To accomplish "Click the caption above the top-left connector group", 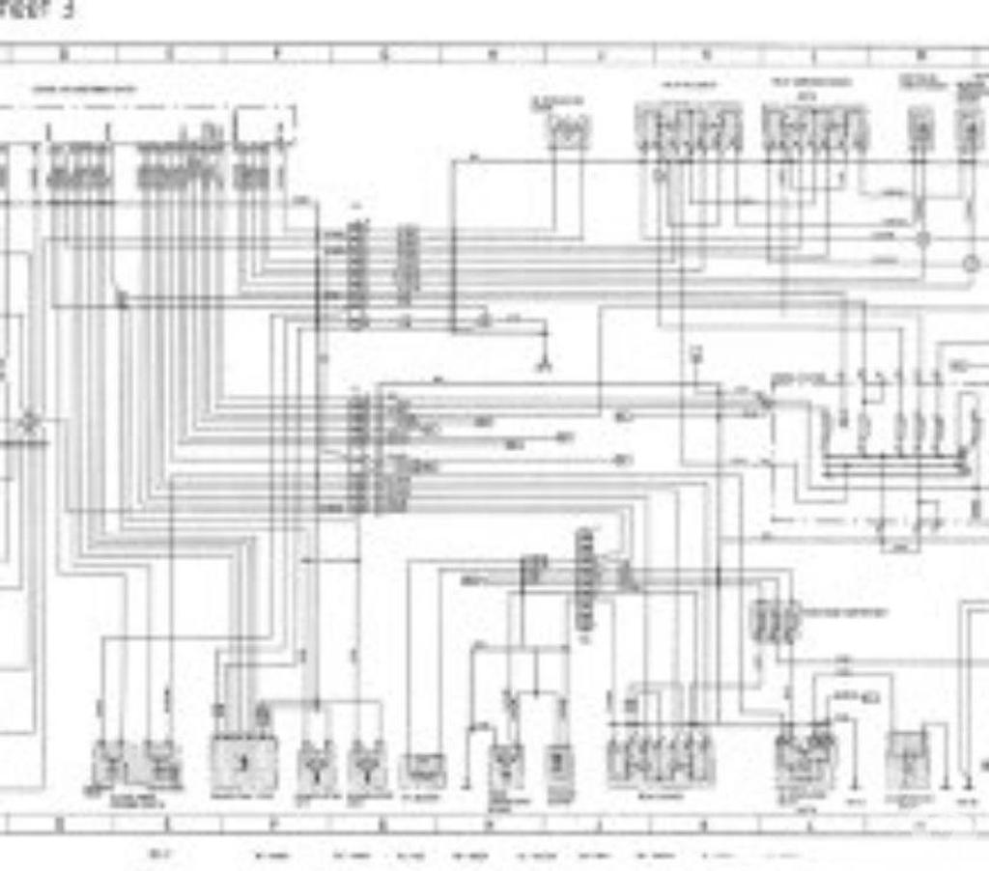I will tap(85, 90).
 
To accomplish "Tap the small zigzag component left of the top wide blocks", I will tap(569, 129).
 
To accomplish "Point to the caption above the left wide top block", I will tap(689, 85).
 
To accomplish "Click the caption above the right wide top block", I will tap(811, 83).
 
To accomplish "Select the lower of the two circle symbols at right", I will tap(971, 264).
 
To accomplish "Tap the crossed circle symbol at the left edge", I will tap(30, 422).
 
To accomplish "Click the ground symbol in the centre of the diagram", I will tap(545, 364).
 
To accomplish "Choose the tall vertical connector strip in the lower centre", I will tap(585, 579).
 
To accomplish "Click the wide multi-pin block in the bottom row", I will tap(661, 759).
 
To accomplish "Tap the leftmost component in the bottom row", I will tap(109, 763).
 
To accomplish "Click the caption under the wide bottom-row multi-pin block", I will tap(661, 797).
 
